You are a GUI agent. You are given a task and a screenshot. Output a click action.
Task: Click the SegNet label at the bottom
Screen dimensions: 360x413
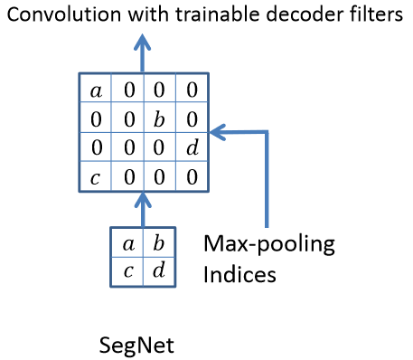pos(135,345)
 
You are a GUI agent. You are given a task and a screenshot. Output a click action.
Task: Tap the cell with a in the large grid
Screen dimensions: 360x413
pos(96,90)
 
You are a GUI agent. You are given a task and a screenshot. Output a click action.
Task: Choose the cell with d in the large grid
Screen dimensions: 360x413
pos(191,147)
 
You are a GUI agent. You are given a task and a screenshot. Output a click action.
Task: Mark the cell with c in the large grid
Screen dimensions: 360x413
pos(96,175)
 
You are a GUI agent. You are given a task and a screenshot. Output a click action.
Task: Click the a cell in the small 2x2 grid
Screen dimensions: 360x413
pos(127,242)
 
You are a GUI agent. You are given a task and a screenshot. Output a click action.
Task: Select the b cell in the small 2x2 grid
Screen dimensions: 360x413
pos(159,242)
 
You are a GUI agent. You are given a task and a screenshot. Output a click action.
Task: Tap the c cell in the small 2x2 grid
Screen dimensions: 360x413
pos(127,271)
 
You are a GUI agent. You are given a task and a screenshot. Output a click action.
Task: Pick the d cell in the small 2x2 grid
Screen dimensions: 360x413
pos(159,271)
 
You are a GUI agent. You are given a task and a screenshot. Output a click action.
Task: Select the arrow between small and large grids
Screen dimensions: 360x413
pos(142,208)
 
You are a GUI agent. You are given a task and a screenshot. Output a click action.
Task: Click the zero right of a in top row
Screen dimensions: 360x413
pos(127,90)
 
